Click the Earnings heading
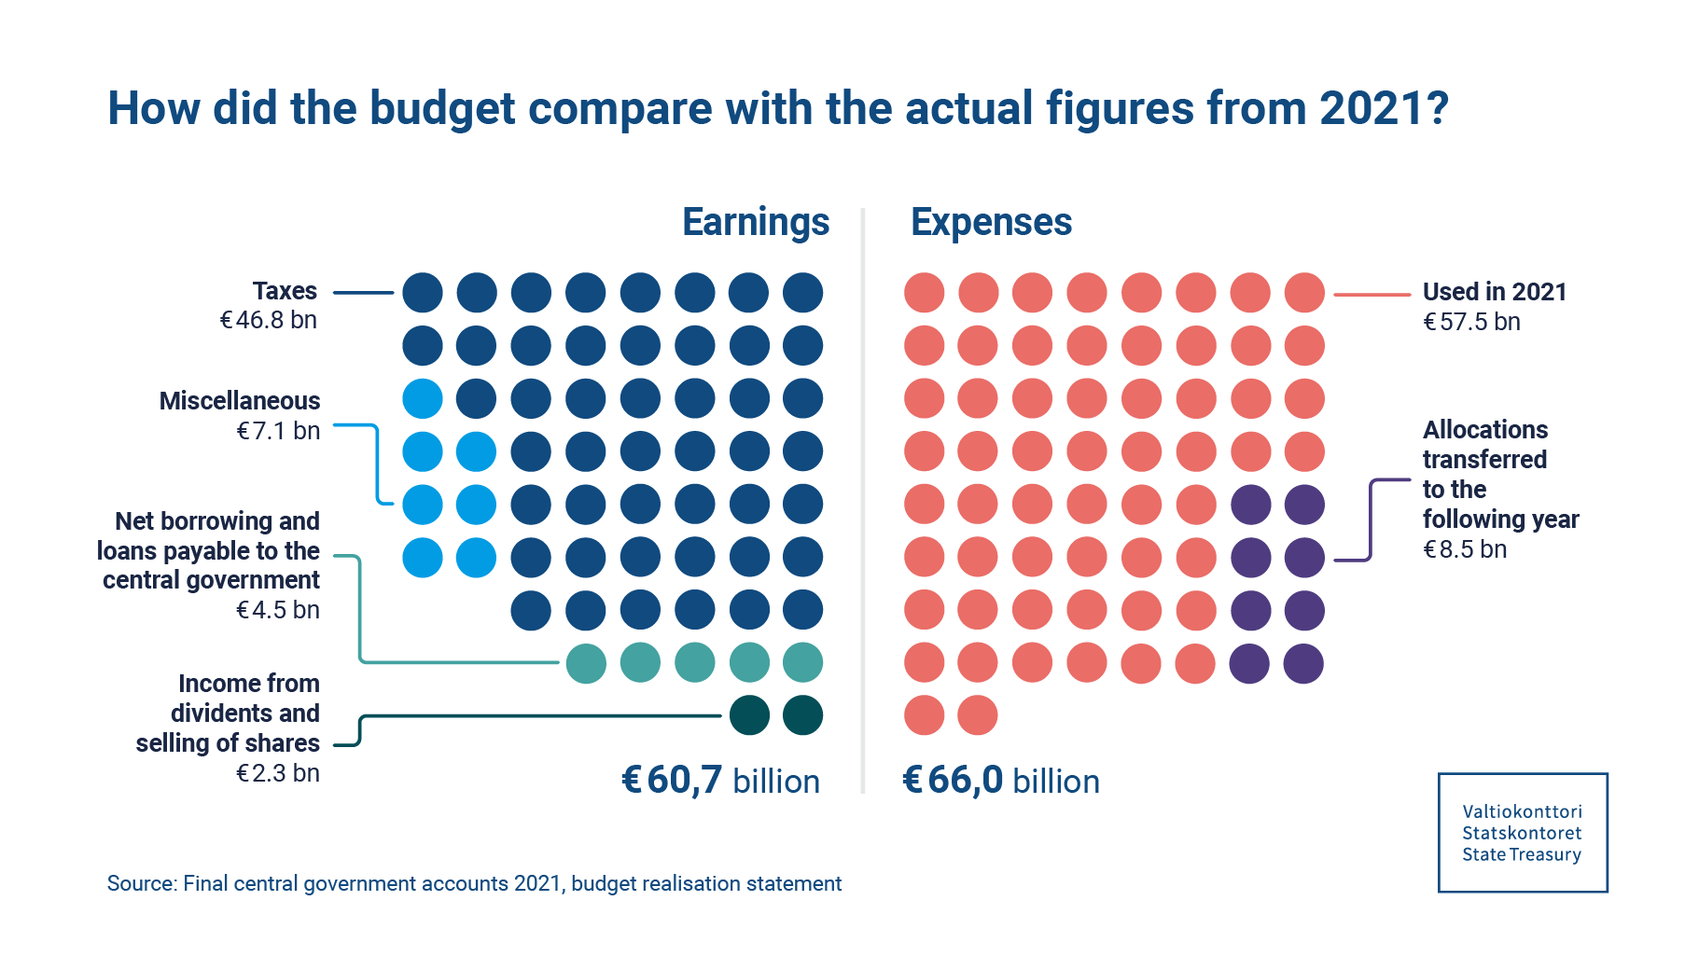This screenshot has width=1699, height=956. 756,223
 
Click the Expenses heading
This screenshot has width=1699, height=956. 991,223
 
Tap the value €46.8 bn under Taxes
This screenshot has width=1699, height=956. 268,321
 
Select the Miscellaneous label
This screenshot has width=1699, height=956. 240,401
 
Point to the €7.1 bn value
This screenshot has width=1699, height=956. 278,431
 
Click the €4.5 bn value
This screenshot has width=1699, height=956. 278,610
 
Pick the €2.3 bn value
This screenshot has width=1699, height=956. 278,773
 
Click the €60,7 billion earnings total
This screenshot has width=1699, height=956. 720,781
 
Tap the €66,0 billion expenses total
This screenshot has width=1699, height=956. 1001,781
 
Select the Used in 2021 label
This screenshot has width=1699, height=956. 1494,292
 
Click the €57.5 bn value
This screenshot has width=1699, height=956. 1471,322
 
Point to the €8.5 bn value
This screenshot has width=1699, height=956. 1465,549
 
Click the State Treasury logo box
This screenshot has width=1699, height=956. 1522,832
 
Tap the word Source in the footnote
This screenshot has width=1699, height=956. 140,883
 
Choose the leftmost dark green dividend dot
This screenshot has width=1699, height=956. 749,716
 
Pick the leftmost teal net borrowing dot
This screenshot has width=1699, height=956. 586,664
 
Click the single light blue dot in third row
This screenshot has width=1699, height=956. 423,399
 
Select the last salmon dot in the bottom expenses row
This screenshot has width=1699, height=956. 978,716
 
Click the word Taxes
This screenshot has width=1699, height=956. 285,291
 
